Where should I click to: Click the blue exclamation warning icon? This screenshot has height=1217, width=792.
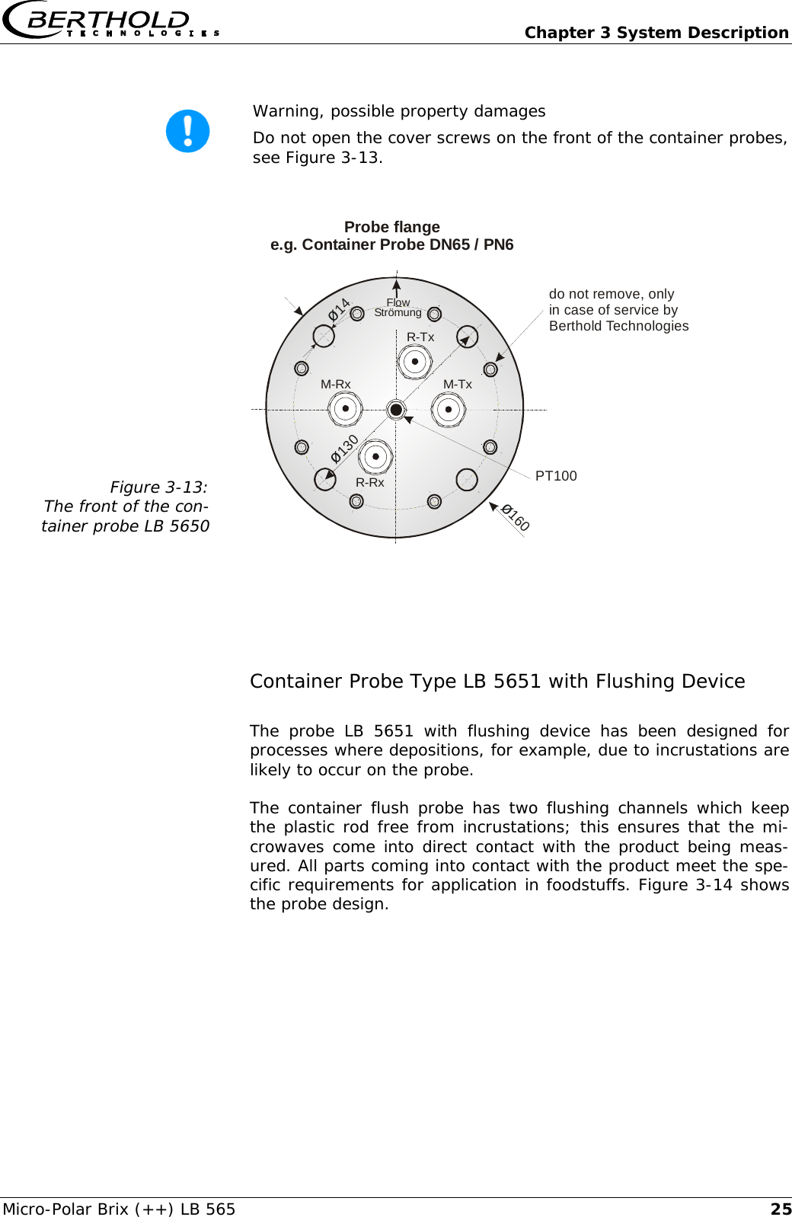187,131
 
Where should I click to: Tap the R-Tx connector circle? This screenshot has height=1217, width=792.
415,361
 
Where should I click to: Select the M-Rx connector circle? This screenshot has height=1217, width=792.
345,409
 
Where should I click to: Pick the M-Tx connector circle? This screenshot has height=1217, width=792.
449,409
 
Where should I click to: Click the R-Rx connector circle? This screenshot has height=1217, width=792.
375,457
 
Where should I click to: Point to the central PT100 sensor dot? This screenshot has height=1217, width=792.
396,410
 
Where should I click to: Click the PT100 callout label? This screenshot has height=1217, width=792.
556,476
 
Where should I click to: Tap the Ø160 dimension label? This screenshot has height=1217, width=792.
516,517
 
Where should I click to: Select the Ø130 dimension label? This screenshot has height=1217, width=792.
344,449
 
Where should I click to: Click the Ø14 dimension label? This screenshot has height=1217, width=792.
339,309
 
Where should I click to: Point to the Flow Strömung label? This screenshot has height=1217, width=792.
398,308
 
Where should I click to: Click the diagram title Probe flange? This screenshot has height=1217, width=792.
391,227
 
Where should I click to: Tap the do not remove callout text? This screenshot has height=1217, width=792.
618,310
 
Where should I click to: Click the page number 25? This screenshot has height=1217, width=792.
781,1209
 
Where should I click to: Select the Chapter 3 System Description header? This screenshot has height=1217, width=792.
656,33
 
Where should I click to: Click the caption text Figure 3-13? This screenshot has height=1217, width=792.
158,487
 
